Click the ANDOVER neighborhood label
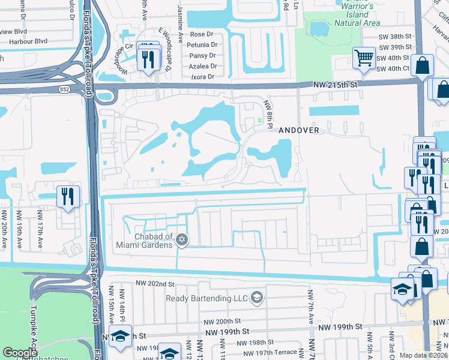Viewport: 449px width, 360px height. click(298, 130)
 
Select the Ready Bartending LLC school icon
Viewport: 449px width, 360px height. click(256, 298)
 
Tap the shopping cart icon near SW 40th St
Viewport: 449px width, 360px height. click(363, 58)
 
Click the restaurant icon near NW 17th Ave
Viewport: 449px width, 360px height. click(67, 196)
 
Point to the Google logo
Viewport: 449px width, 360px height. click(20, 353)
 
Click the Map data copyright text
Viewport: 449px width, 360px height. click(421, 355)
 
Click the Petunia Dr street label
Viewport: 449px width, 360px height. click(202, 44)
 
